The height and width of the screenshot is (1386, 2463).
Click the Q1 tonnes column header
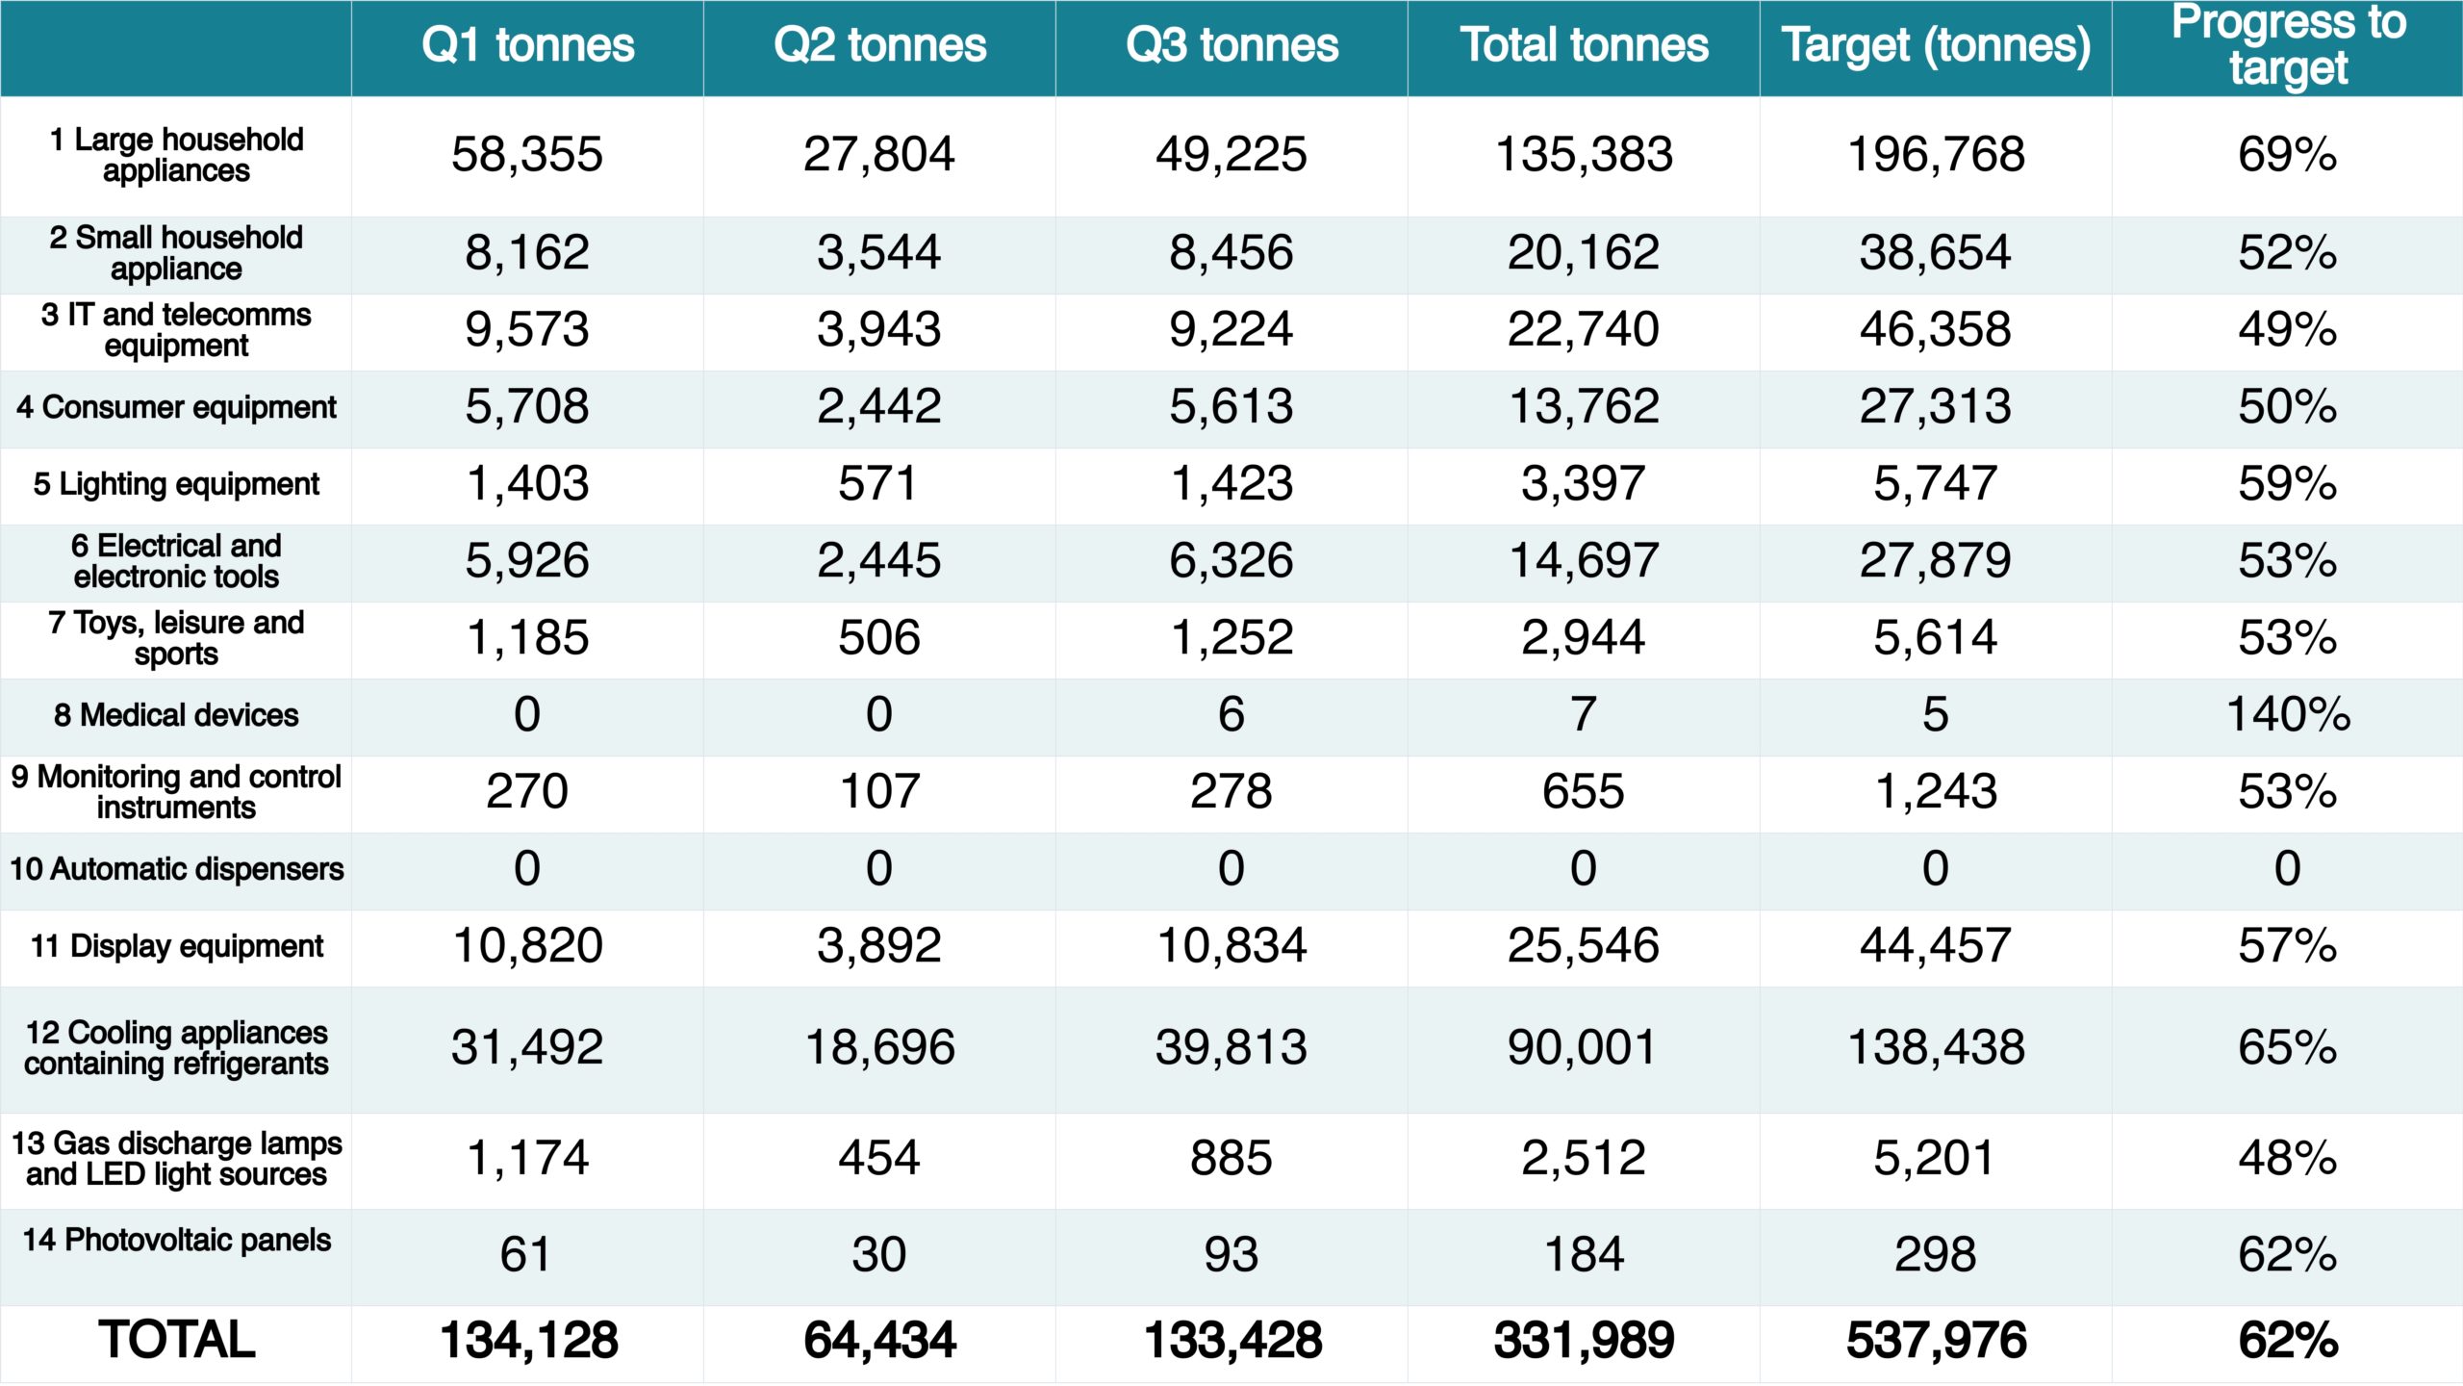coord(527,46)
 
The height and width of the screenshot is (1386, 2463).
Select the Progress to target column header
coord(2288,46)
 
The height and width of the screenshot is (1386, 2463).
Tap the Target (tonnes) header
coord(1936,46)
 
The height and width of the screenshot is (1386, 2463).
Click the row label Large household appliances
coord(176,155)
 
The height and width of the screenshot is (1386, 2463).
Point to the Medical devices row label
coord(176,715)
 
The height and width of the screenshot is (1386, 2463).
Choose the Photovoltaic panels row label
coord(176,1240)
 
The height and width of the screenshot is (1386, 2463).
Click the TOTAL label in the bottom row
coord(176,1340)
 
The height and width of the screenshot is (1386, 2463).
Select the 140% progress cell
coord(2288,715)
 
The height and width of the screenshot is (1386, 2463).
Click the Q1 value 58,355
coord(527,155)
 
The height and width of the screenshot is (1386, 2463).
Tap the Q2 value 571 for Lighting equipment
coord(879,484)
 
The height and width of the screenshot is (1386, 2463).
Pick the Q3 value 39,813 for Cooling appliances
coord(1231,1047)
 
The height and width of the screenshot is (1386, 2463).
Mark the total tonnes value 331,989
coord(1584,1340)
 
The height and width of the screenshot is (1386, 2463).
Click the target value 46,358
coord(1936,330)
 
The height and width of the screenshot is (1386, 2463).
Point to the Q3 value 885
coord(1231,1158)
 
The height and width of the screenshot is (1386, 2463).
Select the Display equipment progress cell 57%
coord(2288,946)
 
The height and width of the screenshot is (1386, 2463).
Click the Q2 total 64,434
coord(879,1340)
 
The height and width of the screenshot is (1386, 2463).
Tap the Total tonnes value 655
coord(1584,792)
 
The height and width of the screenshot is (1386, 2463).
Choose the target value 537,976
coord(1936,1340)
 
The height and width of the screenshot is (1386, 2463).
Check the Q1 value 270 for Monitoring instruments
coord(527,792)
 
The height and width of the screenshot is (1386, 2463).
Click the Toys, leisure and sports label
coord(176,638)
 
